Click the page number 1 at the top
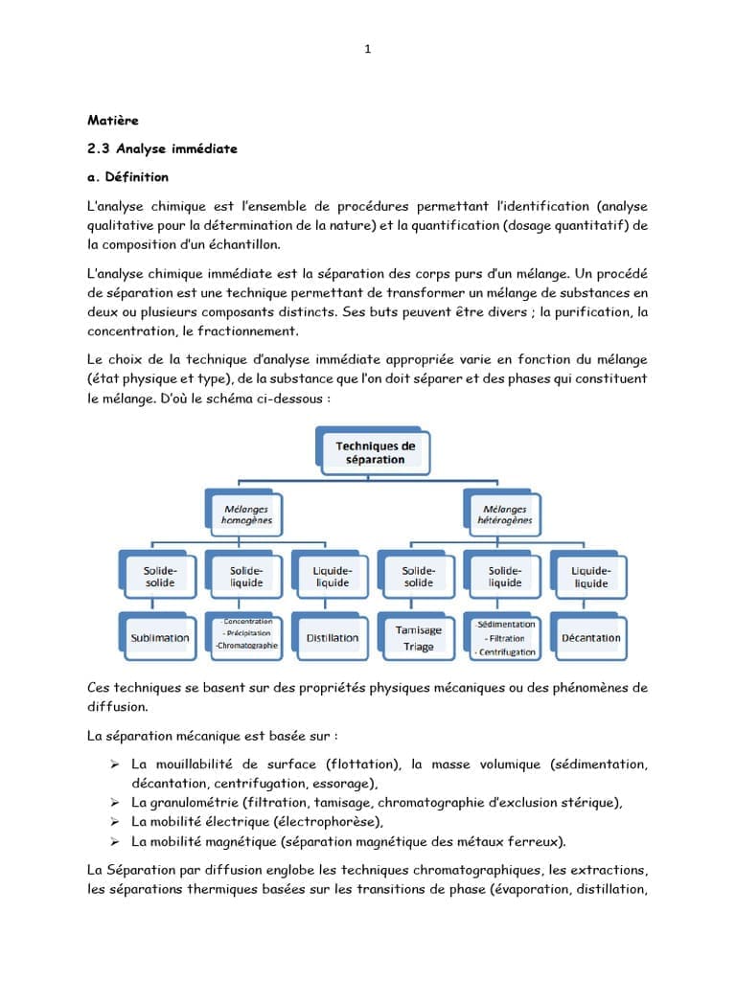pyautogui.click(x=368, y=50)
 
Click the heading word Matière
pyautogui.click(x=113, y=120)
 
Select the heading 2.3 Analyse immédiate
pyautogui.click(x=162, y=148)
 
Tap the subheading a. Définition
pyautogui.click(x=127, y=177)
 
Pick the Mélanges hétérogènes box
pyautogui.click(x=504, y=514)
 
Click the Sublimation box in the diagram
pyautogui.click(x=159, y=638)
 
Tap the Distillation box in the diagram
pyautogui.click(x=332, y=638)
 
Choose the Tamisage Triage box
pyautogui.click(x=418, y=638)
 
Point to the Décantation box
pyautogui.click(x=590, y=638)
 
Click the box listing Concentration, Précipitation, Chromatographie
pyautogui.click(x=246, y=633)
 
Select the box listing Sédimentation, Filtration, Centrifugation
pyautogui.click(x=505, y=638)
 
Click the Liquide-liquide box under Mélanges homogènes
pyautogui.click(x=332, y=577)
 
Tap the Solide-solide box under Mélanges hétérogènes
pyautogui.click(x=418, y=577)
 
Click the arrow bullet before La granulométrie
pyautogui.click(x=113, y=803)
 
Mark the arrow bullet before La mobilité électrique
pyautogui.click(x=113, y=822)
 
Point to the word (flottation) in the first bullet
pyautogui.click(x=362, y=764)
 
